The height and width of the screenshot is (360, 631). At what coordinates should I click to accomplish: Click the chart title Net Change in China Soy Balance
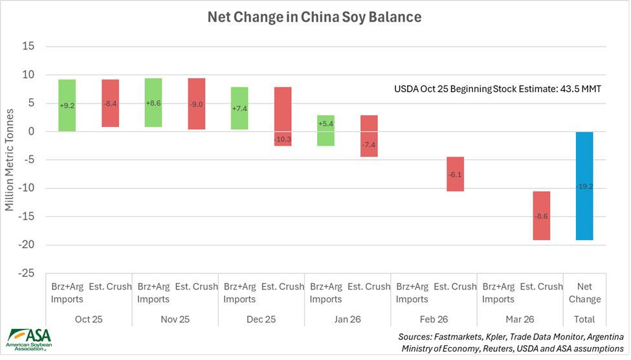pos(314,17)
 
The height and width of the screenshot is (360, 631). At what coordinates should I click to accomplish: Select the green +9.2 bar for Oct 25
pos(67,105)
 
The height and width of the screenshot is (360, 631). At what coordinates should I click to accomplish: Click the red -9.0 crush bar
pos(197,104)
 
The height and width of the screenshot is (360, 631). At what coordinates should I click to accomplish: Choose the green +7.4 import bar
pos(239,108)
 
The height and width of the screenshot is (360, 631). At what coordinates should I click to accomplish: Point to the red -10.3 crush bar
pos(283,117)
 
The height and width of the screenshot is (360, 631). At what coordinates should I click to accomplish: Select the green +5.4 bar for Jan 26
pos(326,130)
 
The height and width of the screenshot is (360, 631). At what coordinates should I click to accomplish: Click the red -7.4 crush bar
pos(369,136)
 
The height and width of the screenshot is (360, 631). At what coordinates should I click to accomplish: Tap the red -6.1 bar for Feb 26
pos(456,174)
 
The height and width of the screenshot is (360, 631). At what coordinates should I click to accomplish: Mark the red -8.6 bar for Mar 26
pos(542,216)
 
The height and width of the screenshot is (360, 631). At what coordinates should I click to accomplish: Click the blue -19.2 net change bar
pos(585,186)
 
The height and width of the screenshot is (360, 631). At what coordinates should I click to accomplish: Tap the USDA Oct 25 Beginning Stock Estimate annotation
pos(498,89)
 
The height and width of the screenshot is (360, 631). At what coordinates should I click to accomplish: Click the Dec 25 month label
pos(261,319)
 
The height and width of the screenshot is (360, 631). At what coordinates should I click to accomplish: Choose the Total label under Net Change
pos(585,319)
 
